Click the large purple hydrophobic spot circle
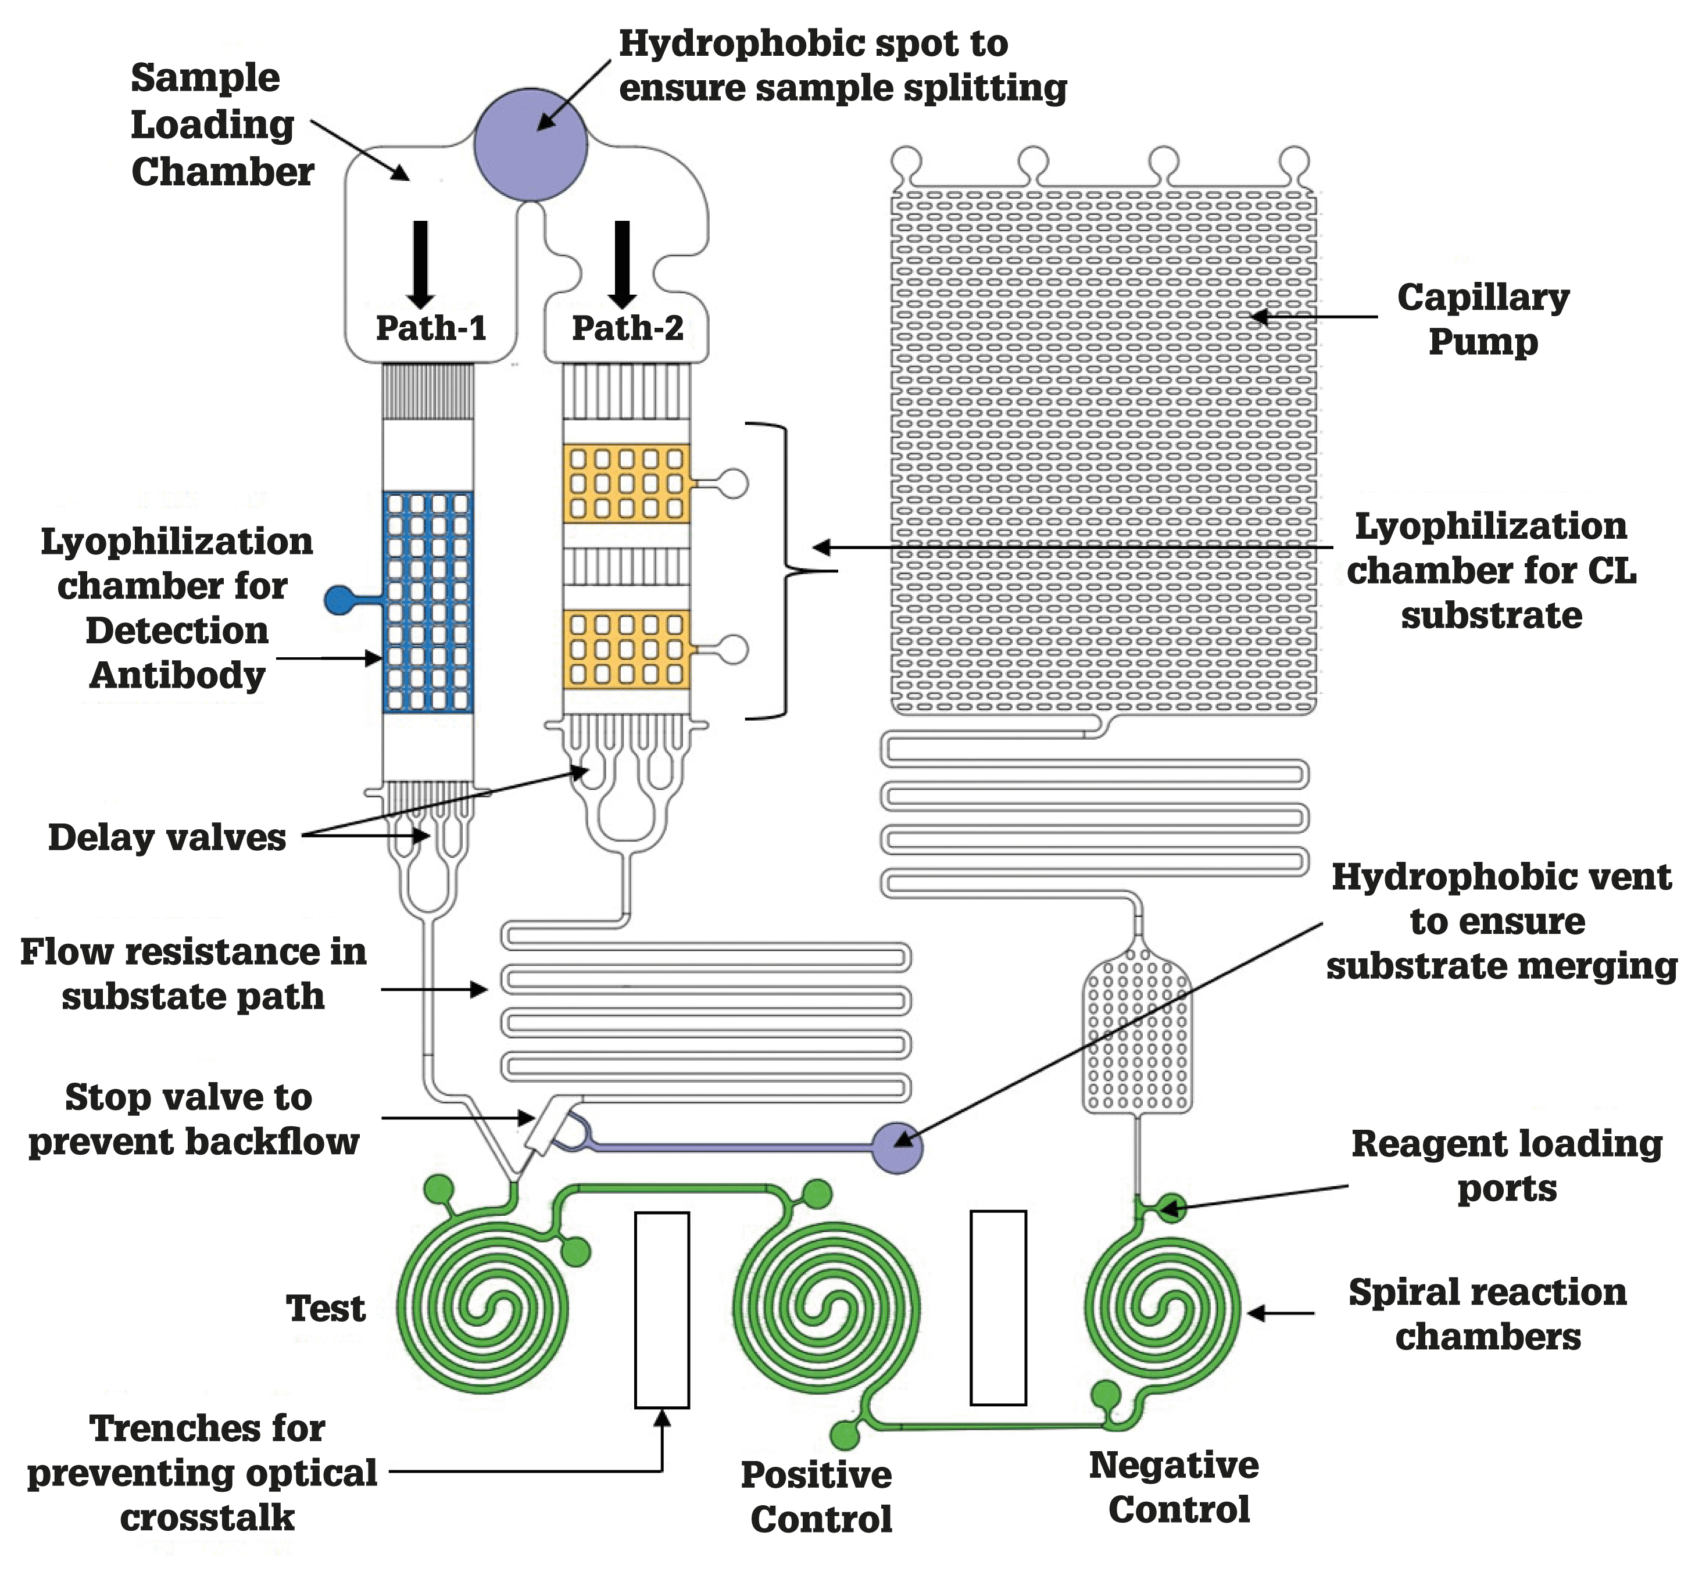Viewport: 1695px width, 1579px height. click(530, 145)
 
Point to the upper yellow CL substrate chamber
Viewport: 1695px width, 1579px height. click(626, 484)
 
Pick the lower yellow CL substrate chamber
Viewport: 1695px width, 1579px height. click(626, 650)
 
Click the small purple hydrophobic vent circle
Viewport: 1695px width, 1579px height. click(899, 1148)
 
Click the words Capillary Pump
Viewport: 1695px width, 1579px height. click(1483, 319)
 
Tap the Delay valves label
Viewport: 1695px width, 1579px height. click(167, 837)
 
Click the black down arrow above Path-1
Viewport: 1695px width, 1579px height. click(420, 264)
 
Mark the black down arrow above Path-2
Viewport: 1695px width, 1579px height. click(623, 264)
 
